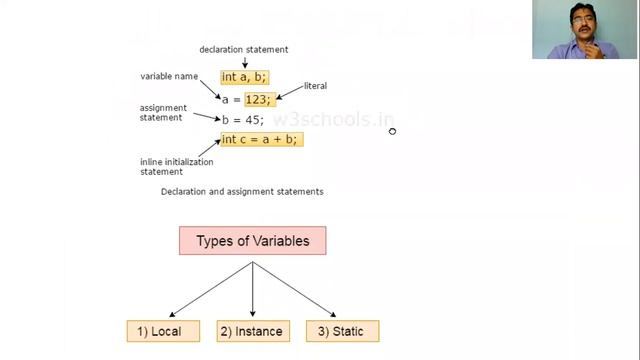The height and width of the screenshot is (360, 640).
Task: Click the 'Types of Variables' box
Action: tap(252, 241)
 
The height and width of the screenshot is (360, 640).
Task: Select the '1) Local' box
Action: tap(162, 331)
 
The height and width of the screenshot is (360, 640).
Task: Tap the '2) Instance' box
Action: tap(251, 331)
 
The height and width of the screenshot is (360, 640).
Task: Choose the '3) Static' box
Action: tap(341, 331)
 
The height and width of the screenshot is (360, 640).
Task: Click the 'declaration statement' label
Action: tap(244, 49)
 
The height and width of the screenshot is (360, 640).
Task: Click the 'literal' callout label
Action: tap(315, 86)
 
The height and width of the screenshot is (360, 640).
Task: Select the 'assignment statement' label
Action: tap(161, 113)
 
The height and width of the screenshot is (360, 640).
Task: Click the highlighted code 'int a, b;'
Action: tap(244, 77)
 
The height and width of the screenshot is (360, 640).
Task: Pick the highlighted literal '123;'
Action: tap(258, 99)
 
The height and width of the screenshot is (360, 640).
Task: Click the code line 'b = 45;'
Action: tap(242, 120)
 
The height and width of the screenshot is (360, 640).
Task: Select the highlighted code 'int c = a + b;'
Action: tap(260, 139)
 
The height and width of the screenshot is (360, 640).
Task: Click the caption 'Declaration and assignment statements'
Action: tap(242, 191)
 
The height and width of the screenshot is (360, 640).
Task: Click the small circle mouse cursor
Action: tap(392, 130)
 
